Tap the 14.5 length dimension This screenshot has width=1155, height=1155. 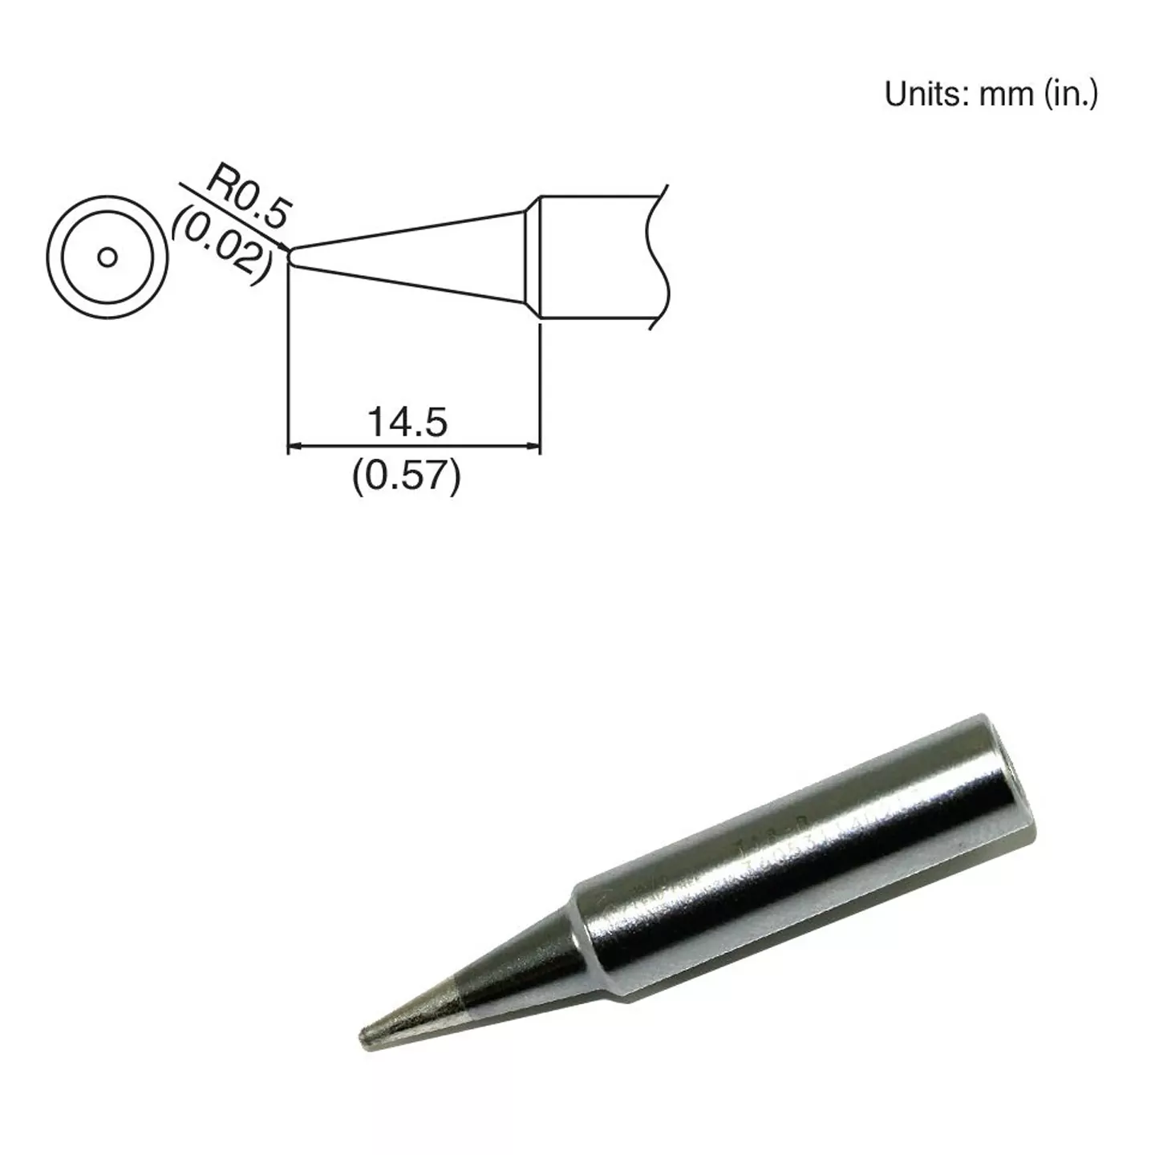coord(407,422)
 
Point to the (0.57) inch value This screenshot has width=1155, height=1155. coord(407,478)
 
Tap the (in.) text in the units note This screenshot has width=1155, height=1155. coord(1070,95)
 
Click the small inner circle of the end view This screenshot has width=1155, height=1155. coord(107,257)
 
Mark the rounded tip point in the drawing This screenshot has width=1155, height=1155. coord(291,257)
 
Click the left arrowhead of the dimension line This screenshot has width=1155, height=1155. coord(295,446)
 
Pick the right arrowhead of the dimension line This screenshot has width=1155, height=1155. coord(533,446)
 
